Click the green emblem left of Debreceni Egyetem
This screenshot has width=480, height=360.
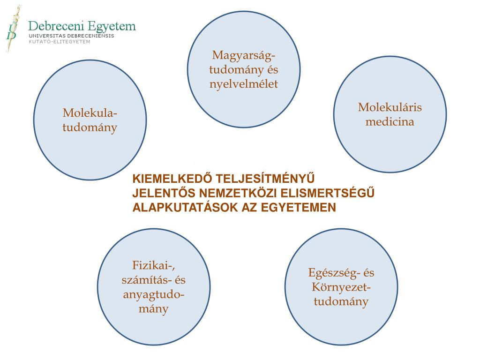pos(13,28)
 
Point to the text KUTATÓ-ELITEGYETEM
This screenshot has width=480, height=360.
pos(60,41)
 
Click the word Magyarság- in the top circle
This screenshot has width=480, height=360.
pos(244,55)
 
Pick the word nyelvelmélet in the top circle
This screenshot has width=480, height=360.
pos(244,84)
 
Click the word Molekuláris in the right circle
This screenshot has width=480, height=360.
pos(390,107)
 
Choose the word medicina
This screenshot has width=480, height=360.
pos(390,122)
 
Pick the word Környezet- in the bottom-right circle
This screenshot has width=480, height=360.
pos(341,287)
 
